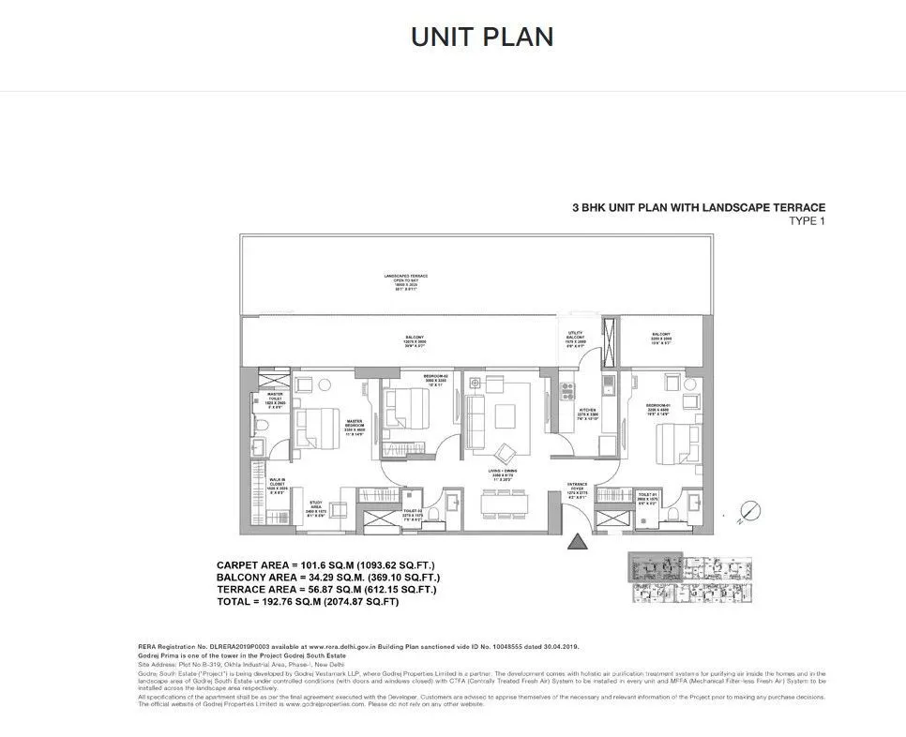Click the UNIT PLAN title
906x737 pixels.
coord(482,37)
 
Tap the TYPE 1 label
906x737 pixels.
coord(806,221)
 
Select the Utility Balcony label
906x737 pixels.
coord(575,338)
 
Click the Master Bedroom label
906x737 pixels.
coord(355,427)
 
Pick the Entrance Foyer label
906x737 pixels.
coord(577,489)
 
